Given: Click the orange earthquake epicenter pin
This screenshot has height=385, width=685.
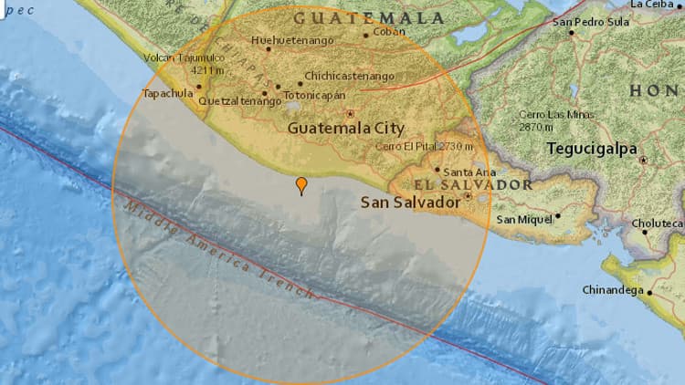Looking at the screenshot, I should pos(301,185).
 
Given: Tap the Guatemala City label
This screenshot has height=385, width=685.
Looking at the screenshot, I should pos(346,130).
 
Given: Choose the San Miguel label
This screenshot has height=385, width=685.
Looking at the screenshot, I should pos(524,220).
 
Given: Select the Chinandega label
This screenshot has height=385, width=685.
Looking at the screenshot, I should pos(613,290).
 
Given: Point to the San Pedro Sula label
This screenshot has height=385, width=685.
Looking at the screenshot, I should pos(590,21).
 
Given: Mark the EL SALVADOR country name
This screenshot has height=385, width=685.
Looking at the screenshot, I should pos(469,185).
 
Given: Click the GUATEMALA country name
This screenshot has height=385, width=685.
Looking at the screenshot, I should pos(369,17).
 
